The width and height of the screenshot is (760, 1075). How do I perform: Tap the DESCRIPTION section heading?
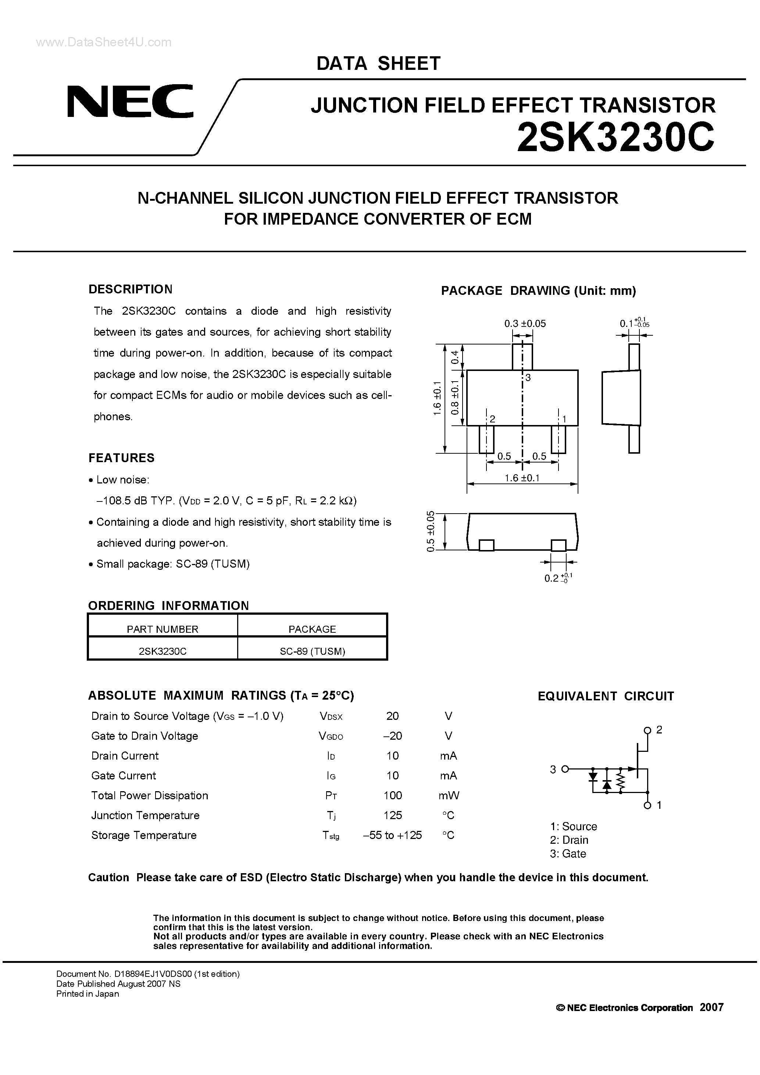(x=130, y=289)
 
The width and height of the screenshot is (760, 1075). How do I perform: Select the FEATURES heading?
(x=121, y=458)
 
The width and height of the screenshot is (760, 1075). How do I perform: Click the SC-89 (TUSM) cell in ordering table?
(x=312, y=651)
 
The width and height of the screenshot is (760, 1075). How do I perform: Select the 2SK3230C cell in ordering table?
(x=163, y=651)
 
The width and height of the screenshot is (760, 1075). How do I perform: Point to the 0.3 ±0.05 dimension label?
(x=525, y=324)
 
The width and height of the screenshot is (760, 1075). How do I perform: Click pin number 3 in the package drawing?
(x=528, y=378)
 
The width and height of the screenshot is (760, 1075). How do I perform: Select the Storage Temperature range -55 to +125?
(x=392, y=835)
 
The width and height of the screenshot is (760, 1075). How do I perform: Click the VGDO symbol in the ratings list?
(x=331, y=736)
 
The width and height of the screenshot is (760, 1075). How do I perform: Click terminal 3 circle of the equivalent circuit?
(x=565, y=769)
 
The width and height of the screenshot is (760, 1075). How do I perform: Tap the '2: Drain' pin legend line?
(x=569, y=840)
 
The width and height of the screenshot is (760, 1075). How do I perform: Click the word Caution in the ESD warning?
(x=108, y=878)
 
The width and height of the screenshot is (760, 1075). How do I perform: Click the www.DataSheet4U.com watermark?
(x=103, y=43)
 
